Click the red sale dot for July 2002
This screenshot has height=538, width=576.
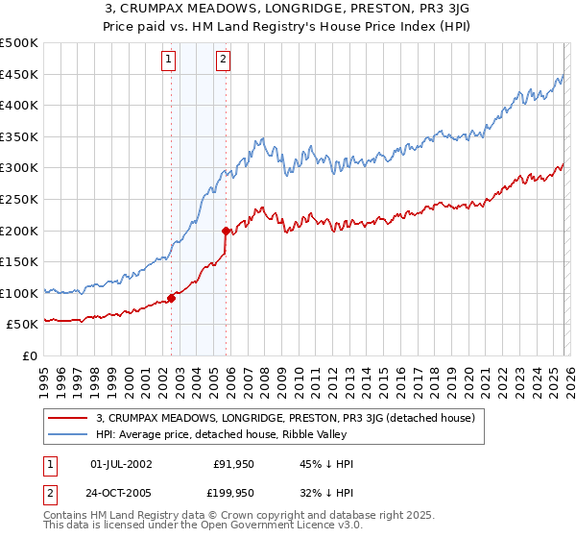pyautogui.click(x=172, y=298)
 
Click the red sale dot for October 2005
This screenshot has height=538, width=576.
pyautogui.click(x=226, y=231)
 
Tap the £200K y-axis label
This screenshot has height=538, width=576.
pyautogui.click(x=19, y=231)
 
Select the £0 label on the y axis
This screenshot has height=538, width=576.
pyautogui.click(x=30, y=355)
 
